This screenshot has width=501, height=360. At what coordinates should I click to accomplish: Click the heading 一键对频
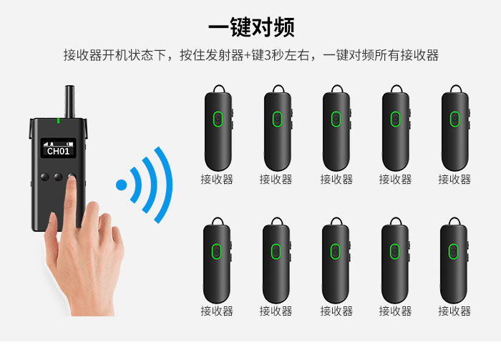[x=251, y=27]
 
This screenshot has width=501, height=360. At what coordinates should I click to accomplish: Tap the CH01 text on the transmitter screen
[x=58, y=151]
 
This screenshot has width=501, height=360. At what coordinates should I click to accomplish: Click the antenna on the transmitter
[x=69, y=102]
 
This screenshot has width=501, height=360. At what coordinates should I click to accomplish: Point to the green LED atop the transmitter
[x=58, y=120]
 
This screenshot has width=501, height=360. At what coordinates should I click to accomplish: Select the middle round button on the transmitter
[x=58, y=177]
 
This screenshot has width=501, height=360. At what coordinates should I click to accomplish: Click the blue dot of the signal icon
[x=122, y=185]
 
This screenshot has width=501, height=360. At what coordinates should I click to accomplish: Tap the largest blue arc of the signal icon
[x=164, y=185]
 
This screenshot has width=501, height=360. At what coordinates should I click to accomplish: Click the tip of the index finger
[x=72, y=179]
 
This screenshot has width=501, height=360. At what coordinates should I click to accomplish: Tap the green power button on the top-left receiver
[x=218, y=119]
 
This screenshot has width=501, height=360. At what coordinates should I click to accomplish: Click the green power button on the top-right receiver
[x=454, y=119]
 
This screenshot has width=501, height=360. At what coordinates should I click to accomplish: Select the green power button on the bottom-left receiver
[x=217, y=251]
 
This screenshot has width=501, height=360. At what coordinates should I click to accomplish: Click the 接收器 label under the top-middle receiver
[x=336, y=179]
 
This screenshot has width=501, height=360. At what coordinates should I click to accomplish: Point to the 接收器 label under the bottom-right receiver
[x=454, y=311]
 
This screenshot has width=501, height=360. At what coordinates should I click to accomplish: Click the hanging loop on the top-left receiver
[x=219, y=89]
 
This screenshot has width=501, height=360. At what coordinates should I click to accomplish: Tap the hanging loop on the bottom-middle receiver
[x=336, y=221]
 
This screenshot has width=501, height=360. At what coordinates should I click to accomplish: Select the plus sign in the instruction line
[x=248, y=56]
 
